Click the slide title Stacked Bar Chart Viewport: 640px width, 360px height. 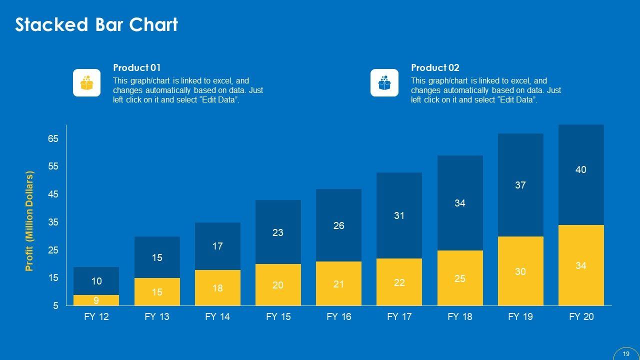[x=96, y=24]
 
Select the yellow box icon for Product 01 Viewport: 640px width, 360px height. [x=87, y=82]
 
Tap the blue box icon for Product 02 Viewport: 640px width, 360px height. [x=384, y=82]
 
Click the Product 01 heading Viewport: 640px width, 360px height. [x=137, y=67]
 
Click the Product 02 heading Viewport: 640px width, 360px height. [x=435, y=67]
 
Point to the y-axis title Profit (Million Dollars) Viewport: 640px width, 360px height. [x=29, y=221]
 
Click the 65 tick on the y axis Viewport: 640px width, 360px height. [x=53, y=139]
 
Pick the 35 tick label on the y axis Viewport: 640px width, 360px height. [x=53, y=222]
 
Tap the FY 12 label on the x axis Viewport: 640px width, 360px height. [x=96, y=316]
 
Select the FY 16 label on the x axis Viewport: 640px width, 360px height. [x=338, y=316]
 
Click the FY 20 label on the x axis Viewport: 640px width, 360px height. [x=581, y=316]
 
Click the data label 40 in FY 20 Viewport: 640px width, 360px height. [x=580, y=170]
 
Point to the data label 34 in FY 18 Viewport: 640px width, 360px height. [x=459, y=203]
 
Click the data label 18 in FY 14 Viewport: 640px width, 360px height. [x=217, y=288]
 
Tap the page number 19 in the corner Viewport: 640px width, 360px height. [x=626, y=353]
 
